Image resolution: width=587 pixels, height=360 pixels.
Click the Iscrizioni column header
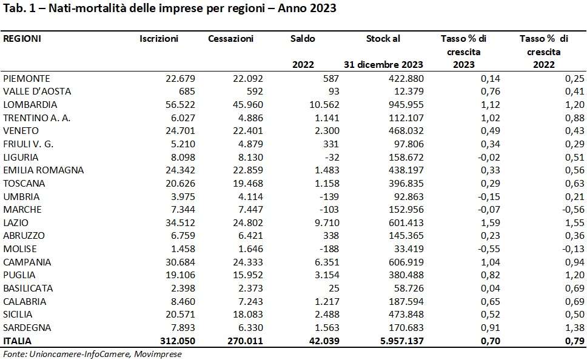[x=159, y=39]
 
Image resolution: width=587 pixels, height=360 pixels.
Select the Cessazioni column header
[x=230, y=39]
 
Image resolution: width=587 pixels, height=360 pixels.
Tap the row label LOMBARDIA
[x=30, y=105]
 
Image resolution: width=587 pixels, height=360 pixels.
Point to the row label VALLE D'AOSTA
[x=36, y=92]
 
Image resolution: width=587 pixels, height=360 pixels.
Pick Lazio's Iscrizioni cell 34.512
[x=181, y=222]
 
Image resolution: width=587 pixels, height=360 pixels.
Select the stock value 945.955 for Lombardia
[x=406, y=105]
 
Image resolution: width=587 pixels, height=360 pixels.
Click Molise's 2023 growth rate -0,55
[x=489, y=249]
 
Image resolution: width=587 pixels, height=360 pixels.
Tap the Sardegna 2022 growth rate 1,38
[x=575, y=328]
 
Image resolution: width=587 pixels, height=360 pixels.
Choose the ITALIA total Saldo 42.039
[x=324, y=341]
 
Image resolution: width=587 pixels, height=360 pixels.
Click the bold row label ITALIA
[x=17, y=341]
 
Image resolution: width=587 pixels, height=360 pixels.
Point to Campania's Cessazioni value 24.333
[x=248, y=262]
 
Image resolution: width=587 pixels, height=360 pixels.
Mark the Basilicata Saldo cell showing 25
[x=334, y=288]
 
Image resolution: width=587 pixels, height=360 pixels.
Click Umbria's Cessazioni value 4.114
[x=250, y=196]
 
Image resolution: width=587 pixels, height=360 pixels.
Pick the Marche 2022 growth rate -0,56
[x=573, y=210]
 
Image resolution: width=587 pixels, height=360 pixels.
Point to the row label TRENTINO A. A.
[x=36, y=118]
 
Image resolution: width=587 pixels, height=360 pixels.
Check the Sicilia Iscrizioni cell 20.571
[x=181, y=315]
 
